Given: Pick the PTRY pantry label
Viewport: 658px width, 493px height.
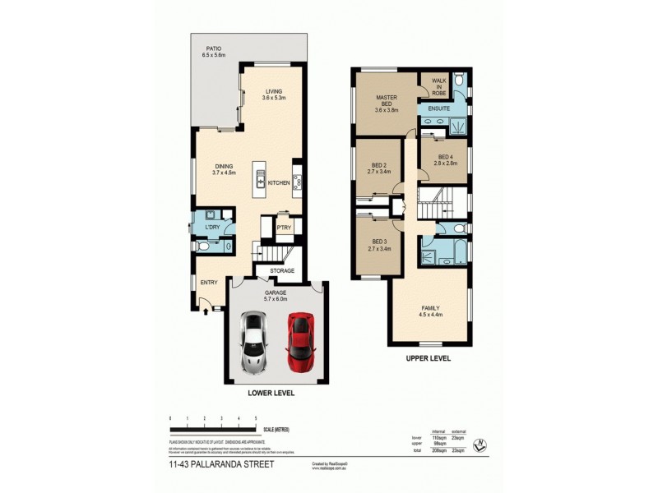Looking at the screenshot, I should (284, 228).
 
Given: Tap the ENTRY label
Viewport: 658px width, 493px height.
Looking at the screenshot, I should (209, 283).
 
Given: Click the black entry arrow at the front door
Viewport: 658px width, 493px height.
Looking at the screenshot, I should (206, 311).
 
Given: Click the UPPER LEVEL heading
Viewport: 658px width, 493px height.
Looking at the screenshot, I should (429, 359).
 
